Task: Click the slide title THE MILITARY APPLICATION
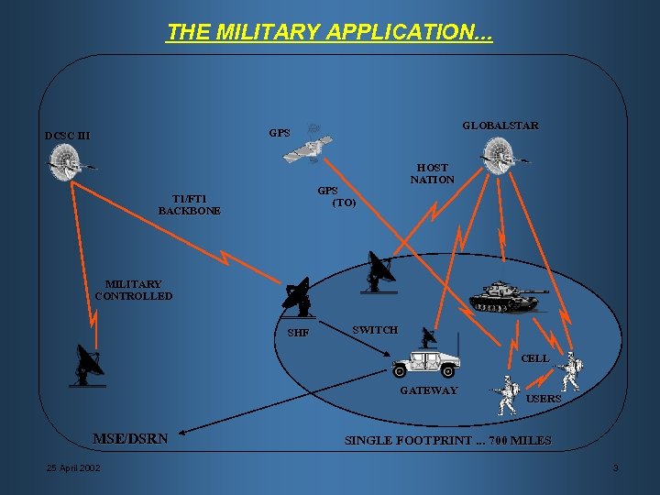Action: [330, 33]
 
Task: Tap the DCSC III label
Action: [69, 137]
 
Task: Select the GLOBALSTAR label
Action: [500, 125]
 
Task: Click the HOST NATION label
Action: [432, 173]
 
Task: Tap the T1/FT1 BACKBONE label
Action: [190, 204]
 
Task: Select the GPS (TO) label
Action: [335, 196]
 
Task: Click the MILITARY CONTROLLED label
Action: [133, 291]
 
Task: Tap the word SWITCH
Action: [375, 330]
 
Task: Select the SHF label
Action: [298, 333]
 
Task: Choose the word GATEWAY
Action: [428, 391]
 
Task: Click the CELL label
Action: [534, 358]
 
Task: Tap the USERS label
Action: [544, 399]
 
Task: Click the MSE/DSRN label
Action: [130, 438]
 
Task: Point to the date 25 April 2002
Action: [74, 469]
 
